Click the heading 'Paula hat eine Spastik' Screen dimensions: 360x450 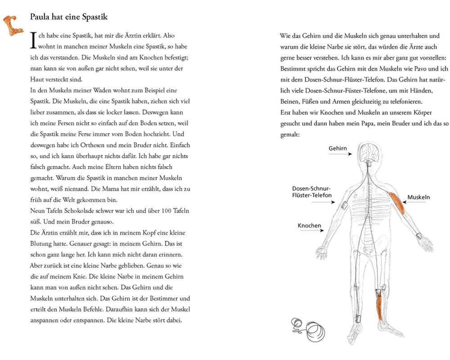click(x=68, y=17)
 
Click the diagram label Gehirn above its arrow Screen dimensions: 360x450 click(x=337, y=148)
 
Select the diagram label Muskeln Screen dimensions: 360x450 click(x=418, y=197)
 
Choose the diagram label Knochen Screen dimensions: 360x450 click(x=309, y=225)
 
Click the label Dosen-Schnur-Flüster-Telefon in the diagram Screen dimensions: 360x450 click(x=312, y=192)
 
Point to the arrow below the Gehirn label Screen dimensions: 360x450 click(x=341, y=154)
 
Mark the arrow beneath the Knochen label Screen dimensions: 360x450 click(x=310, y=231)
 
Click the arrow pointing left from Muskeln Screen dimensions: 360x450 click(x=417, y=203)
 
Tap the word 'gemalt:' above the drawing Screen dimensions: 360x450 click(x=290, y=135)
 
